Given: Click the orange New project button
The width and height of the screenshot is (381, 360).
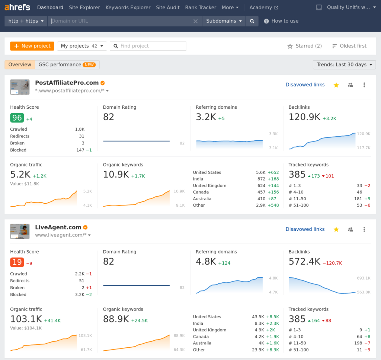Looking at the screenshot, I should click(32, 46).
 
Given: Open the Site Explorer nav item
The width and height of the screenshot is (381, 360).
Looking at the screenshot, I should click(84, 7).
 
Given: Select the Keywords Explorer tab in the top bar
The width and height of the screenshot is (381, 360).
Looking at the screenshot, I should click(128, 7).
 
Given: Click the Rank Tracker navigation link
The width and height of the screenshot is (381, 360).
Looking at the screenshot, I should click(201, 7).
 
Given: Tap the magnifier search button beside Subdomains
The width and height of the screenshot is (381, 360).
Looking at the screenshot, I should click(252, 21).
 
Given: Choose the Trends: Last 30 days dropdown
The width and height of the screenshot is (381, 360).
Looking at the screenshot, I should click(344, 65).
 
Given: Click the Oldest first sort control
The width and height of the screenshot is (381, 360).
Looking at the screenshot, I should click(349, 46).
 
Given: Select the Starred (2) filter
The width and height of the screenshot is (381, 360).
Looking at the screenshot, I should click(305, 46).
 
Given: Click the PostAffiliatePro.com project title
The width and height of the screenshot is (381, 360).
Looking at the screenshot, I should click(67, 83).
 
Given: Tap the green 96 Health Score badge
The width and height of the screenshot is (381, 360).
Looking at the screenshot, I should click(17, 118).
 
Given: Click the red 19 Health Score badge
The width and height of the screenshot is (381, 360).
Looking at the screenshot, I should click(17, 262).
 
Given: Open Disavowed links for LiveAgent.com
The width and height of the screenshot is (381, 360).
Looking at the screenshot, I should click(305, 229).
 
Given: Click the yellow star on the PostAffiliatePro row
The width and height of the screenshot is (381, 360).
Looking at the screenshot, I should click(336, 85).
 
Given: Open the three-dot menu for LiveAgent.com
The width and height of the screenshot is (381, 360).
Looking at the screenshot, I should click(364, 229).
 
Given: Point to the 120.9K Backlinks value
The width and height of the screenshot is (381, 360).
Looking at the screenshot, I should click(304, 117).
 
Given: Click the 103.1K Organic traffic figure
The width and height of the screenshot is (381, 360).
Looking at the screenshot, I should click(26, 319).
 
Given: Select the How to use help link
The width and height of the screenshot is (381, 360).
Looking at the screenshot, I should click(285, 21).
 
